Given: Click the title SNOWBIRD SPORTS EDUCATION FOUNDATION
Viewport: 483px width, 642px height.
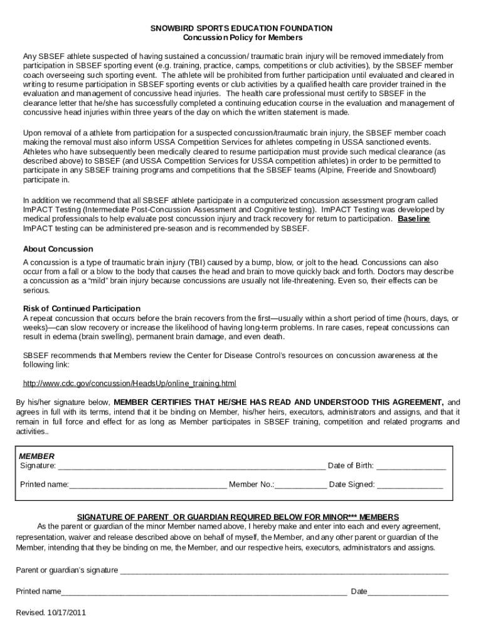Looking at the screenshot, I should click(242, 28).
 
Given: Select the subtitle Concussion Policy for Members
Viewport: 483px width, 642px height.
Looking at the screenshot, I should click(242, 38).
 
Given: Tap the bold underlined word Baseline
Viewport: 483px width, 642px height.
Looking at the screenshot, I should click(413, 219).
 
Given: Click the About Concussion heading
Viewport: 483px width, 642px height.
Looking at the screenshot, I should click(58, 248).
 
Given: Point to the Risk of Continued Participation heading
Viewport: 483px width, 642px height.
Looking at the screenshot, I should click(82, 308).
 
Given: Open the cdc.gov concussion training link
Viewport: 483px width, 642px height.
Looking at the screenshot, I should click(129, 383).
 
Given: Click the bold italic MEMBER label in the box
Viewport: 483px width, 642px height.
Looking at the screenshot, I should click(37, 456).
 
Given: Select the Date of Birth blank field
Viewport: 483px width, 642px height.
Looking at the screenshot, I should click(411, 466).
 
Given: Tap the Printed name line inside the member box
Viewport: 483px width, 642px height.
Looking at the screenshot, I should click(148, 485).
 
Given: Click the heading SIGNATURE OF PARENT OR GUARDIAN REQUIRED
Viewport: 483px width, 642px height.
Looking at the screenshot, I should click(237, 517).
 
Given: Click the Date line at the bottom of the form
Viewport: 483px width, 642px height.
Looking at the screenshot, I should click(408, 592).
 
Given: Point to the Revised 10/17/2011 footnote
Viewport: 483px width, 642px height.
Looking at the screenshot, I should click(51, 613).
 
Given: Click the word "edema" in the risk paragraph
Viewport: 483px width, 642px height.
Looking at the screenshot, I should click(67, 337).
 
